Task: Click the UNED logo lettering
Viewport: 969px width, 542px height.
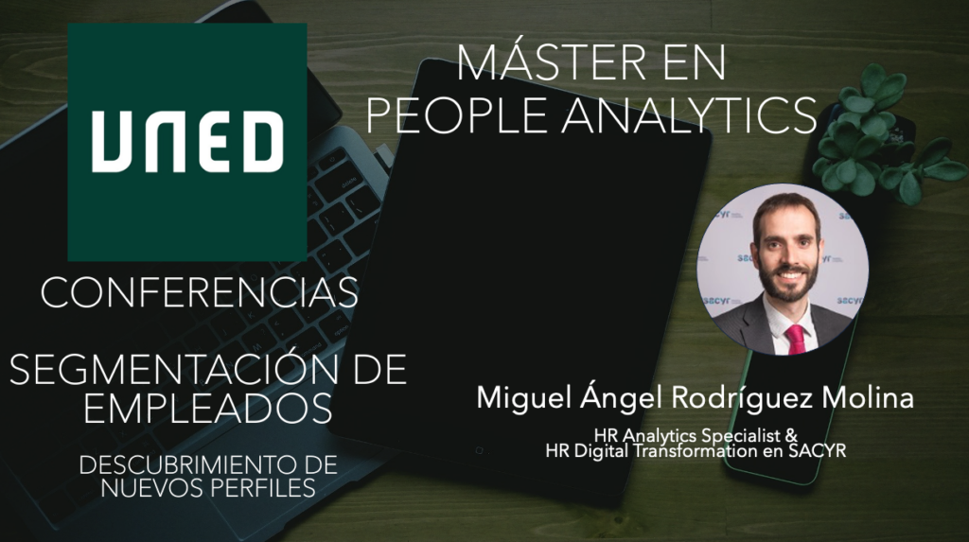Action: point(187,142)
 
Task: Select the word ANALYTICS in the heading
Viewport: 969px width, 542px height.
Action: point(689,115)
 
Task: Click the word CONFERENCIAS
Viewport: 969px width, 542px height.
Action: point(200,293)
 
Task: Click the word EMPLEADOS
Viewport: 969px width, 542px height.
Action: point(207,408)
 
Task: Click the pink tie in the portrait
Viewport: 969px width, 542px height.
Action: point(795,340)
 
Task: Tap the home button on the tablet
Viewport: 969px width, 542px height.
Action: point(479,450)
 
